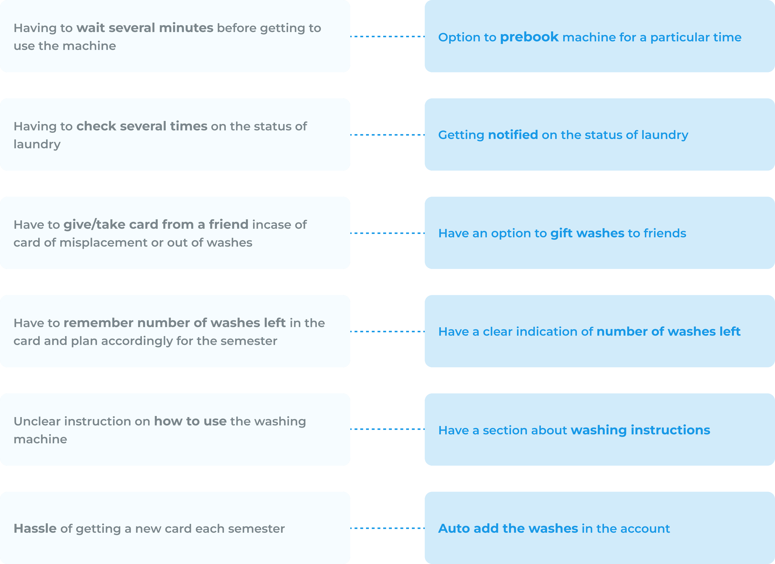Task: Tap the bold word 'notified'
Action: (x=513, y=135)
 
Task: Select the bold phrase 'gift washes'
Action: (x=587, y=233)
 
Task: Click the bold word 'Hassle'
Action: (x=35, y=529)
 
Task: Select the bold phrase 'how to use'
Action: (x=190, y=421)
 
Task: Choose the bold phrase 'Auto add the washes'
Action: (x=508, y=529)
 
